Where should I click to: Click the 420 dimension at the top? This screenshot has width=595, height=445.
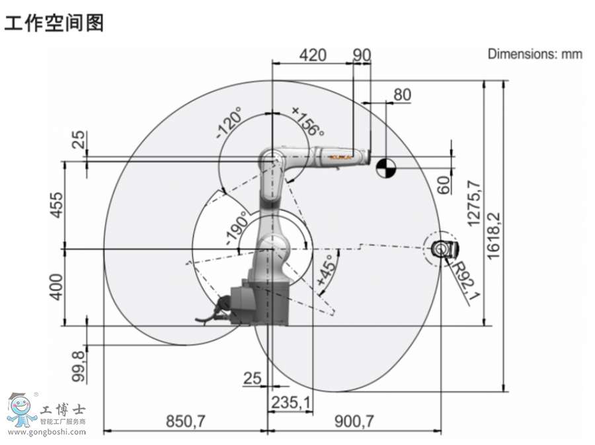click(x=313, y=54)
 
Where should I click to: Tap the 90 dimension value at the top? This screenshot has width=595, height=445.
click(x=362, y=54)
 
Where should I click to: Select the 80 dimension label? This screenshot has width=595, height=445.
click(x=402, y=95)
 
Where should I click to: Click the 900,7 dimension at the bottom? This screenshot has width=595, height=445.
click(x=355, y=421)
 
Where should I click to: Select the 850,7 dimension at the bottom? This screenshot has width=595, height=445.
click(x=185, y=421)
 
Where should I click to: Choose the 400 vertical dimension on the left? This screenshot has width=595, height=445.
click(x=58, y=287)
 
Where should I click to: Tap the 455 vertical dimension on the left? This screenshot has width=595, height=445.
click(x=58, y=205)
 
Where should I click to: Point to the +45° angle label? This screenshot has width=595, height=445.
click(x=326, y=272)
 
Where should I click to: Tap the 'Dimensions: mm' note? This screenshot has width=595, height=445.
click(x=535, y=54)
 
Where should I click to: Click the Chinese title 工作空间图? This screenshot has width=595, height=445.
click(x=54, y=22)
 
